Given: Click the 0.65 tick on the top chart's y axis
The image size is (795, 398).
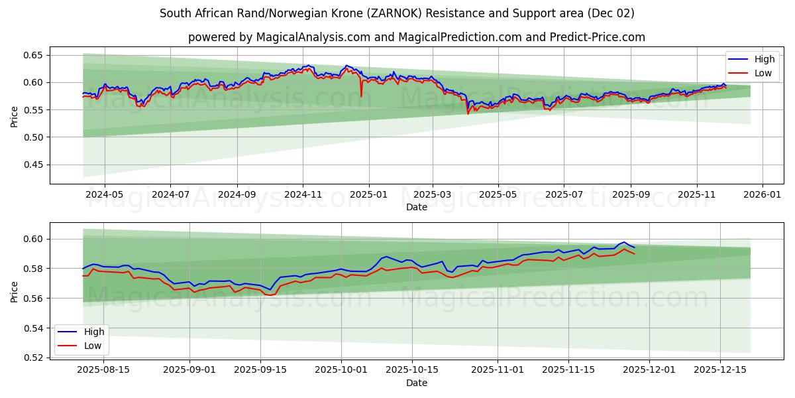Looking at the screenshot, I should point(34,55).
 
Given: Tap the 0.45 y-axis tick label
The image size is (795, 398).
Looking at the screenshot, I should point(34,165).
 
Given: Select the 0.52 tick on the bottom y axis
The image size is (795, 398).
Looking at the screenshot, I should point(34,358).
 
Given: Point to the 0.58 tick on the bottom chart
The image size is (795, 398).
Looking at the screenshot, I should point(34,269).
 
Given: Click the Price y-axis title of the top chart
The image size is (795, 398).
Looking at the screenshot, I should point(15,117).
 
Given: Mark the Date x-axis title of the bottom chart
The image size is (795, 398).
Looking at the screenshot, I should point(417,383).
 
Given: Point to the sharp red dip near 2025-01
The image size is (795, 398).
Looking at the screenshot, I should point(361,96).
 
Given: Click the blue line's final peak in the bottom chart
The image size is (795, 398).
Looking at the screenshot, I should point(624,242).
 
